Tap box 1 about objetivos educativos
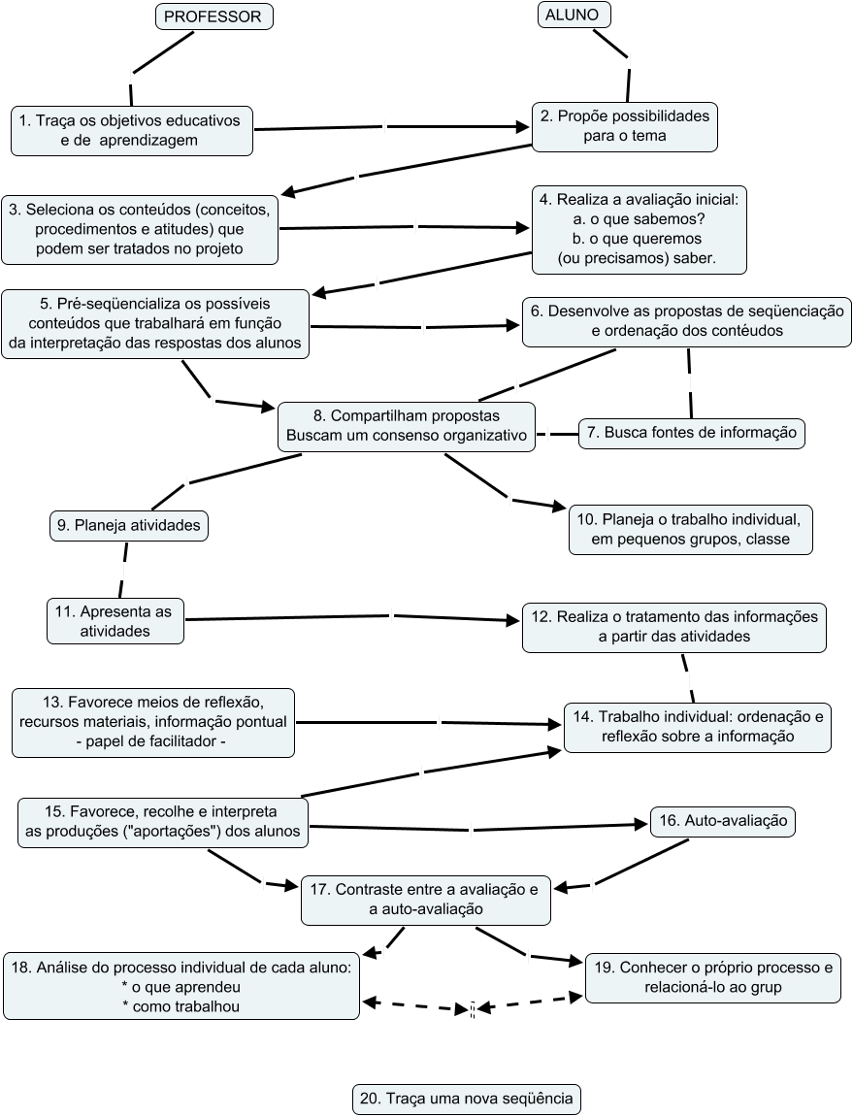(132, 130)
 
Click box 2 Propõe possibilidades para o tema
(625, 125)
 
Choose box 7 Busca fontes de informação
(692, 432)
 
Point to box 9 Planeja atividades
(129, 525)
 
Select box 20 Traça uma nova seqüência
(466, 1100)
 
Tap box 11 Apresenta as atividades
(115, 620)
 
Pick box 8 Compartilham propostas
(407, 425)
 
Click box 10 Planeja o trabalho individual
(690, 529)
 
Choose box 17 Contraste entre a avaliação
(426, 899)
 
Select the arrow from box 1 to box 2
(388, 127)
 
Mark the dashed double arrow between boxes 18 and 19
(473, 1007)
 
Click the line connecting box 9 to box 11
(123, 569)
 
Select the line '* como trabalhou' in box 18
(181, 1006)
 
